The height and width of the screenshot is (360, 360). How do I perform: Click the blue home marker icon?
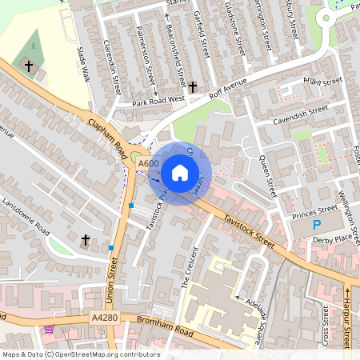point(180,173)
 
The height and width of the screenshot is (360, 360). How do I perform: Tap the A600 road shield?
point(148,163)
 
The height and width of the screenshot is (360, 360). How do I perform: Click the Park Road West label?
point(158,100)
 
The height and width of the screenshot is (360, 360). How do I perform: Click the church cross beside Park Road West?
point(192,86)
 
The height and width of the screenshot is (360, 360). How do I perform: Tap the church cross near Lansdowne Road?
point(86,239)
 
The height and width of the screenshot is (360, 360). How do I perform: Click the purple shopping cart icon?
point(50,328)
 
